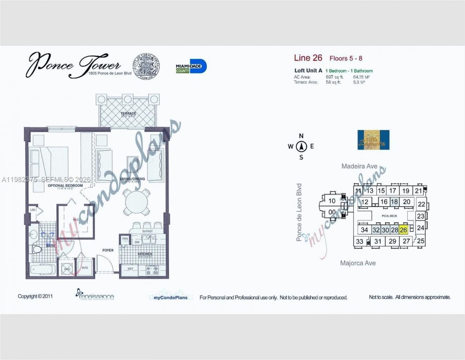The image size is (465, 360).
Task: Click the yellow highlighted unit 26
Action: pyautogui.click(x=403, y=230)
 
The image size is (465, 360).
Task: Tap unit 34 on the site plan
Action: pyautogui.click(x=364, y=230)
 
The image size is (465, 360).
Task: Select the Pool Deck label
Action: pyautogui.click(x=389, y=216)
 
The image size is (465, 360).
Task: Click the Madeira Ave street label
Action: pyautogui.click(x=359, y=166)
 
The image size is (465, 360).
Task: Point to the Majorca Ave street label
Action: pyautogui.click(x=358, y=263)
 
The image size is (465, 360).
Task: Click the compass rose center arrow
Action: pyautogui.click(x=301, y=147)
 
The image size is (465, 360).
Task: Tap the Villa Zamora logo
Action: pyautogui.click(x=373, y=140)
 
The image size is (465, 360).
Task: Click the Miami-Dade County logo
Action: pyautogui.click(x=191, y=67)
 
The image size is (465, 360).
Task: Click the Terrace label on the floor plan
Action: pyautogui.click(x=128, y=114)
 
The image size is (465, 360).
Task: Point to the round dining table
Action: pyautogui.click(x=136, y=202)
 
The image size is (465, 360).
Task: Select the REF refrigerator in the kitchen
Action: pyautogui.click(x=130, y=269)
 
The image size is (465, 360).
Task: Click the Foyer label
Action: pyautogui.click(x=108, y=250)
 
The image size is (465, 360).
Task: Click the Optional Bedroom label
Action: pyautogui.click(x=65, y=185)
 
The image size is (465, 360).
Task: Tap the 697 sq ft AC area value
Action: pyautogui.click(x=334, y=77)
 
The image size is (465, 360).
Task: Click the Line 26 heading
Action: pyautogui.click(x=308, y=58)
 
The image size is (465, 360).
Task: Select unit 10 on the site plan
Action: pyautogui.click(x=332, y=201)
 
